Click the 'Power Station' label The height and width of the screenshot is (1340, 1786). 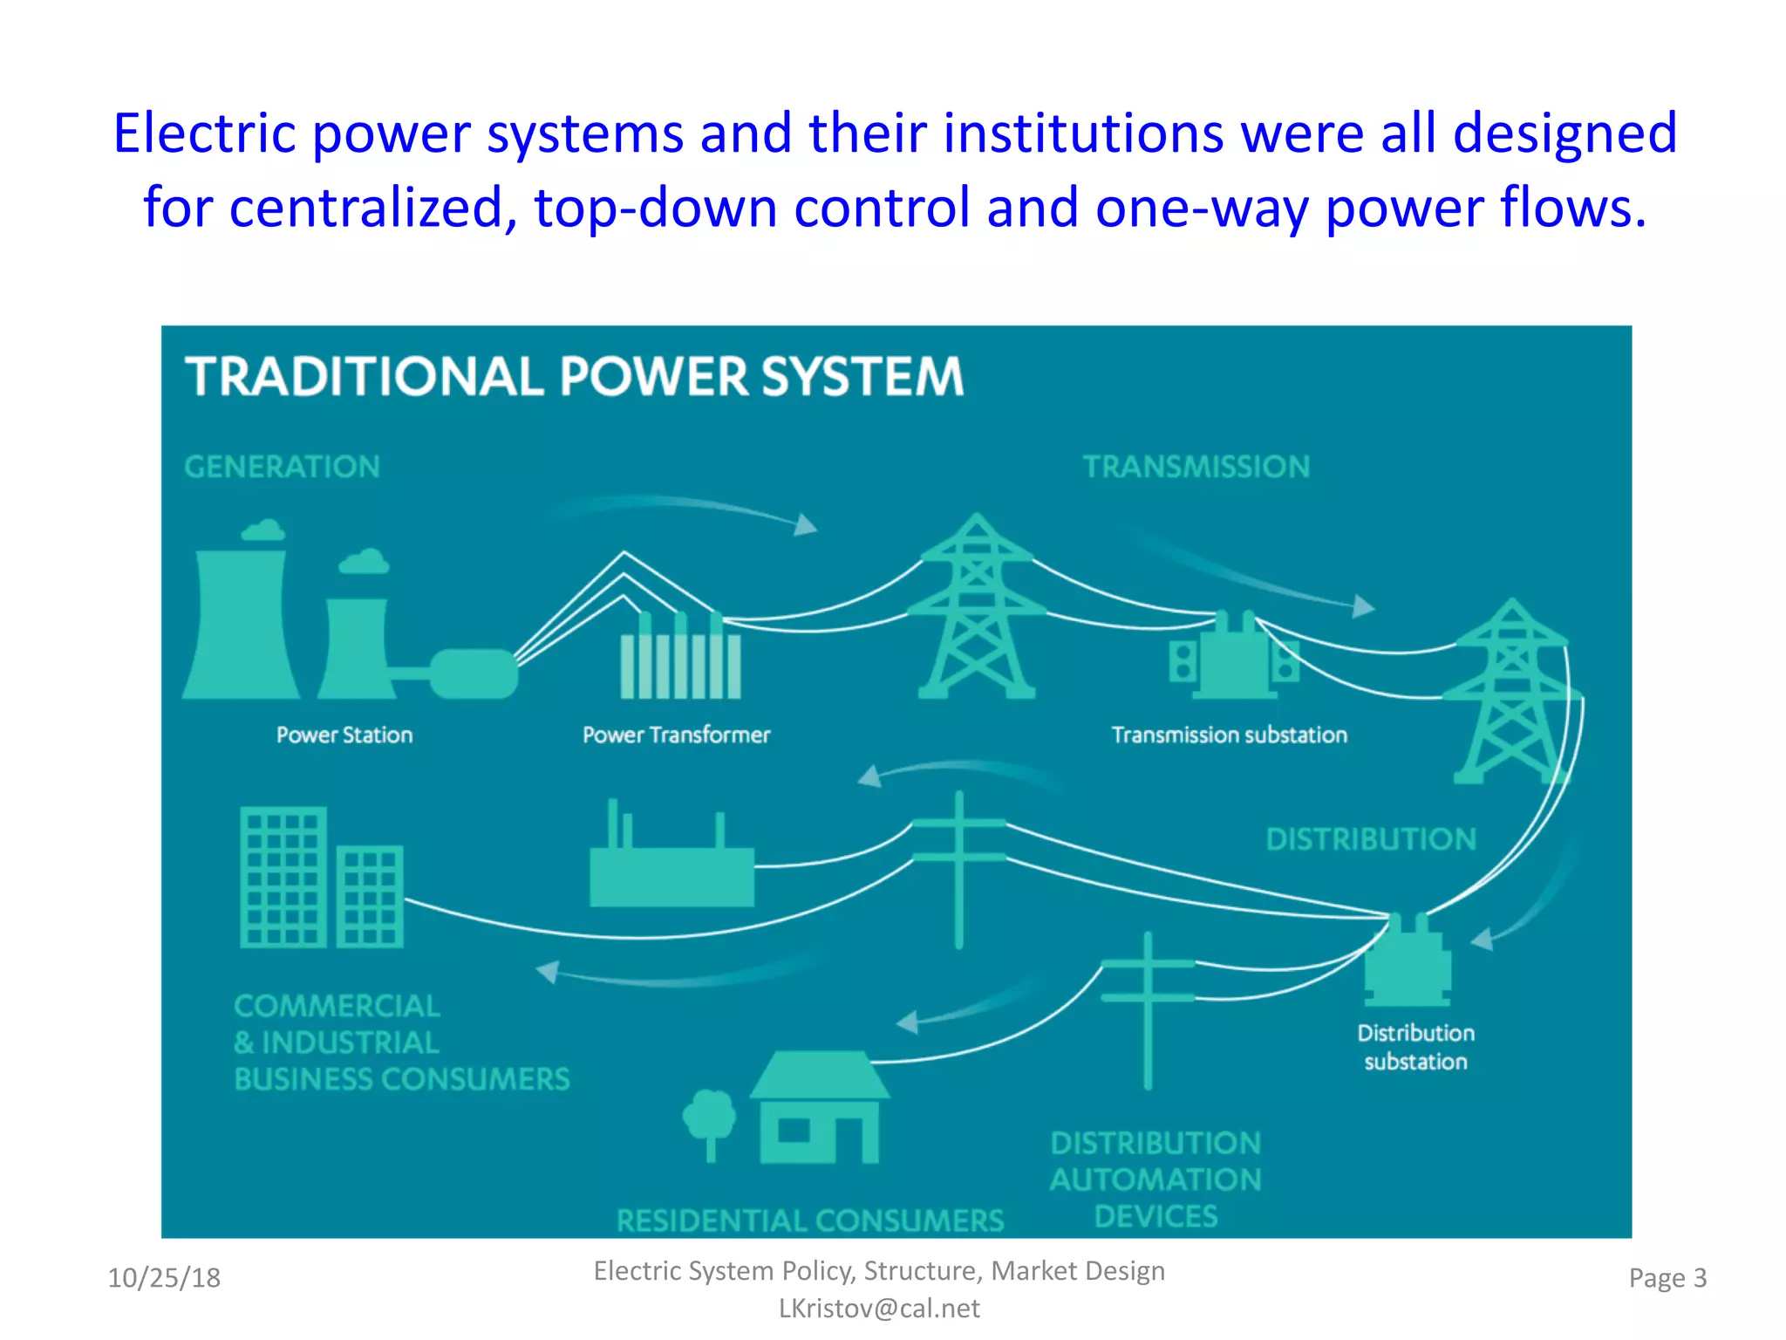point(344,735)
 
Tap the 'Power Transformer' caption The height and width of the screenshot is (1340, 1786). point(676,735)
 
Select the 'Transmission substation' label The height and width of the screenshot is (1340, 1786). point(1229,735)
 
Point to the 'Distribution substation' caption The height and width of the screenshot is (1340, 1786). point(1415,1047)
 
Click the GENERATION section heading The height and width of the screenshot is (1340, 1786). point(282,467)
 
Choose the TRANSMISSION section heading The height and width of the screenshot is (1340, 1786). point(1196,467)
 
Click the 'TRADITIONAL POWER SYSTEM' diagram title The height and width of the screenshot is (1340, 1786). point(574,376)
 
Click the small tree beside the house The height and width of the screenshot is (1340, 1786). point(709,1121)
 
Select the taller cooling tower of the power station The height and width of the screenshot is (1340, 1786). point(242,619)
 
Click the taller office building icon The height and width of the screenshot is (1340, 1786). point(283,877)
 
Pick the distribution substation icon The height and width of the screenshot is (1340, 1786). point(1408,960)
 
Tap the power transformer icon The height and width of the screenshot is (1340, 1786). point(680,659)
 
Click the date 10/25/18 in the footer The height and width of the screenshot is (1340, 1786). point(164,1278)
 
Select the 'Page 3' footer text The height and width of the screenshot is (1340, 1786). point(1667,1278)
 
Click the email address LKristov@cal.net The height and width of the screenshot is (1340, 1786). point(879,1309)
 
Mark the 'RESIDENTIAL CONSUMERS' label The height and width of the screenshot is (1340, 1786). point(810,1220)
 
